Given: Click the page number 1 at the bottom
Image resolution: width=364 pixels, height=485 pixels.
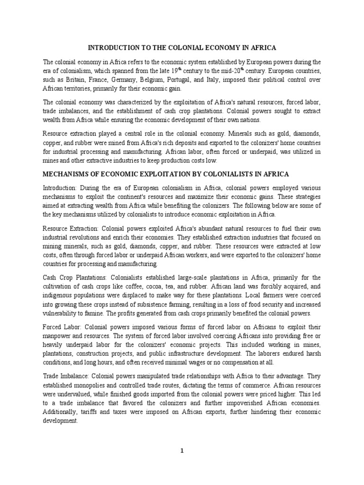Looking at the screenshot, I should coord(182,450).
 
